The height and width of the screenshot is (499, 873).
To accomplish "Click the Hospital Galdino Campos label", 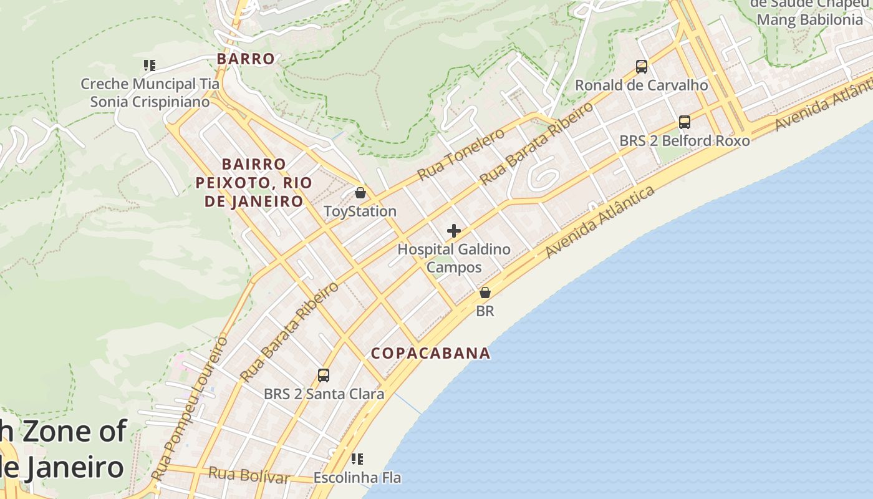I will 454,258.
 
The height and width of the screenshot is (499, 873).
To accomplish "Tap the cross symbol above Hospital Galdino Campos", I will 454,231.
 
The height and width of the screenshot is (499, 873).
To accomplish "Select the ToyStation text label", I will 360,211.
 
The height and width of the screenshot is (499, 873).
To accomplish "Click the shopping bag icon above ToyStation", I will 360,193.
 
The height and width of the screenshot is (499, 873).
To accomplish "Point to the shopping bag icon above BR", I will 485,292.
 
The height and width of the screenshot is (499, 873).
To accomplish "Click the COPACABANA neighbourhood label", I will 430,353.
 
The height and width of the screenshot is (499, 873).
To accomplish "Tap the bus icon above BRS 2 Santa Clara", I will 323,375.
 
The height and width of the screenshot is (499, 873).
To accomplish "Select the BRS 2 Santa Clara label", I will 324,394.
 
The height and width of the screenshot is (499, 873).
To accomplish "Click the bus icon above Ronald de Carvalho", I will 641,66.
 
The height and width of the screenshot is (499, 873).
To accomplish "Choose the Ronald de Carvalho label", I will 641,85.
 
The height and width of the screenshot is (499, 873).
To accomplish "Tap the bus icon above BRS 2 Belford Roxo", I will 684,122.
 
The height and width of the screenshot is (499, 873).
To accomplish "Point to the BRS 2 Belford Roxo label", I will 684,141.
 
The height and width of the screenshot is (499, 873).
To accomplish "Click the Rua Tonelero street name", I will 461,154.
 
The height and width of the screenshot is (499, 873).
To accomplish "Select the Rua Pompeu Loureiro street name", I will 190,409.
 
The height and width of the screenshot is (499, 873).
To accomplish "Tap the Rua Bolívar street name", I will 249,475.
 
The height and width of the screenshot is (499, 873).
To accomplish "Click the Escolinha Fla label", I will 357,478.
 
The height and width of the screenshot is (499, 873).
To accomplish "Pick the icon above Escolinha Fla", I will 357,460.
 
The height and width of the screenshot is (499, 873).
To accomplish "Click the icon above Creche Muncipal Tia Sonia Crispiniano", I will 149,65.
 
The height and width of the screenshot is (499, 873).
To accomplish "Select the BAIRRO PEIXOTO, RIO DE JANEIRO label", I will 254,183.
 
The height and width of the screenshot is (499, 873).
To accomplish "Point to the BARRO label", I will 245,59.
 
